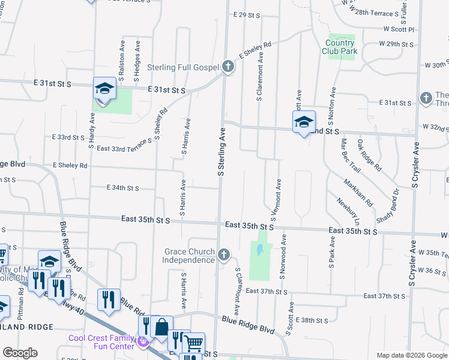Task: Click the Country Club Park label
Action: pyautogui.click(x=340, y=47)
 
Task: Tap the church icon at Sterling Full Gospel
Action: pyautogui.click(x=228, y=67)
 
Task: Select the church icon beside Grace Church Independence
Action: pyautogui.click(x=223, y=256)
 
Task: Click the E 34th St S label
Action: pyautogui.click(x=122, y=188)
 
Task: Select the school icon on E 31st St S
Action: pyautogui.click(x=104, y=89)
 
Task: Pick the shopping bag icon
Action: pyautogui.click(x=161, y=327)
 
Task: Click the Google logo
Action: pyautogui.click(x=20, y=353)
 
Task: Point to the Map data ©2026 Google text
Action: pyautogui.click(x=411, y=355)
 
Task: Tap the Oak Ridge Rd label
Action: pyautogui.click(x=369, y=155)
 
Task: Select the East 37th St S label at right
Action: pyautogui.click(x=385, y=296)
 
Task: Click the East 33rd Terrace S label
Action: pyautogui.click(x=122, y=148)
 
